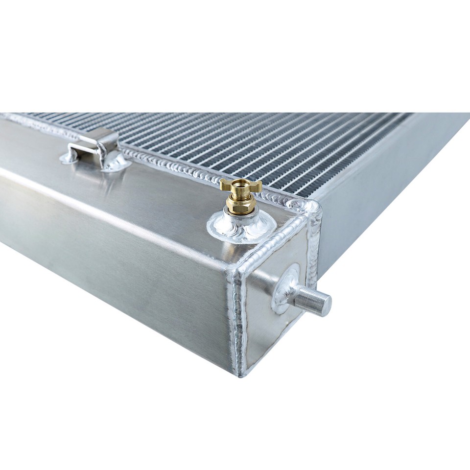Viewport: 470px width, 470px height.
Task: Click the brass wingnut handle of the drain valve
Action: click(240, 185)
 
